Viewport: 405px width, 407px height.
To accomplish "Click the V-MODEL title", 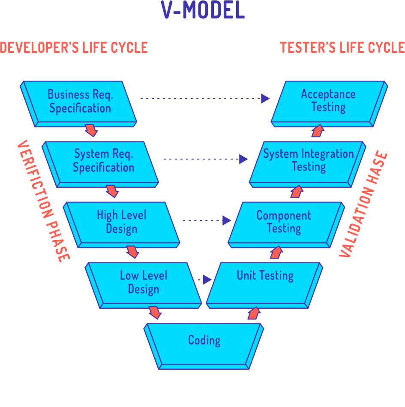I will tap(203, 10).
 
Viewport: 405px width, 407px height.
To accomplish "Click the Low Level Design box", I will tap(144, 283).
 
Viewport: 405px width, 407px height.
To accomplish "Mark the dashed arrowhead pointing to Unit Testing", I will tap(208, 280).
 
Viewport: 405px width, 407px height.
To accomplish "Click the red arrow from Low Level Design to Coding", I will tap(155, 312).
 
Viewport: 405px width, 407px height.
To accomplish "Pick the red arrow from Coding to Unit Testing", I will tap(254, 313).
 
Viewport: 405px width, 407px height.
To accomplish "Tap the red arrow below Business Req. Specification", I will tap(91, 130).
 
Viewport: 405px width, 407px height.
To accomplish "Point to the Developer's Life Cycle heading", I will tap(74, 48).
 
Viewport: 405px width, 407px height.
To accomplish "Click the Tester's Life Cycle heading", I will tap(342, 48).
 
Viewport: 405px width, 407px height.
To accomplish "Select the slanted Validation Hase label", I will tap(363, 205).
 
